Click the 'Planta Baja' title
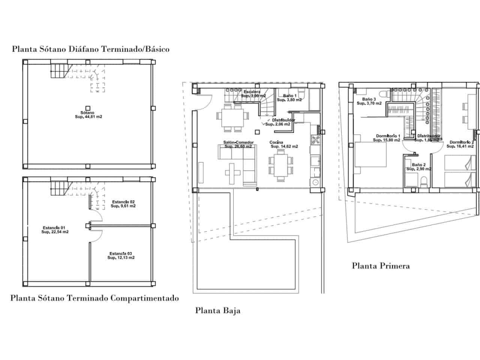(217, 310)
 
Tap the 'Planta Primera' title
(381, 266)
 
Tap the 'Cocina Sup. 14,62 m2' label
(284, 144)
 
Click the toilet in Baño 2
(424, 183)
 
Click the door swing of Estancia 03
(97, 235)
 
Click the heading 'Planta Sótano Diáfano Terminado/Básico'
(91, 49)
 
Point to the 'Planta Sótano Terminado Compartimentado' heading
(94, 298)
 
